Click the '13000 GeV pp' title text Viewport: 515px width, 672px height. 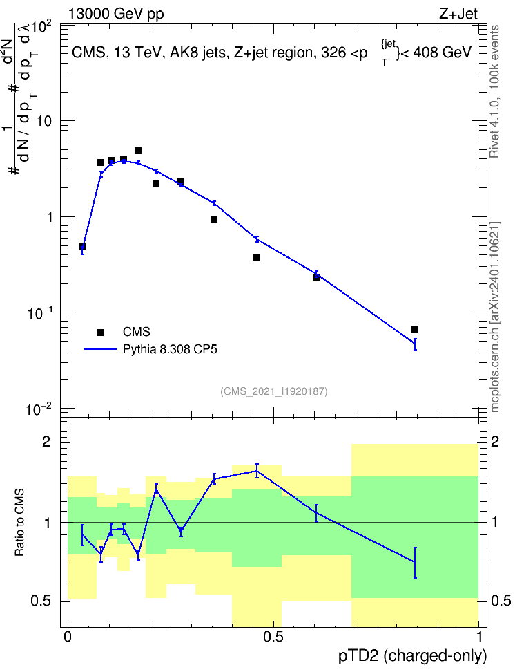[x=115, y=15]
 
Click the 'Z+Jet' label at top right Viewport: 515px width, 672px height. [x=458, y=14]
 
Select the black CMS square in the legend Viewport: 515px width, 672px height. [x=100, y=332]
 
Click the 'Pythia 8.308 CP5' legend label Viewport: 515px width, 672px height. [x=170, y=349]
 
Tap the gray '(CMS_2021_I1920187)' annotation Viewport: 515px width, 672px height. [x=274, y=391]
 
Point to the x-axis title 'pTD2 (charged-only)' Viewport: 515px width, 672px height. [x=413, y=655]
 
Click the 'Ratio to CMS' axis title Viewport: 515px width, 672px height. [x=19, y=522]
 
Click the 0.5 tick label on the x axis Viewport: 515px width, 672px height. [x=273, y=637]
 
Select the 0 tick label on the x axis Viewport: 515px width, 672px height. [x=68, y=637]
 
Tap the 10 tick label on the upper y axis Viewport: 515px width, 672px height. [x=43, y=121]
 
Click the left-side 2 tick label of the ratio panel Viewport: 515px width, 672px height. [x=46, y=441]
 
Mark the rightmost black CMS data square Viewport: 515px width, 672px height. [x=414, y=329]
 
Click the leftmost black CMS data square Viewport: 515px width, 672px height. [x=82, y=246]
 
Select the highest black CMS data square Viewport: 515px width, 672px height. [x=138, y=151]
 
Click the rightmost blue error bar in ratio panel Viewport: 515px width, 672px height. [x=414, y=563]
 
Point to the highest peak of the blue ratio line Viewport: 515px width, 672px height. [x=257, y=471]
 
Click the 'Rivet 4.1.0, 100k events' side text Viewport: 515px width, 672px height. [x=494, y=91]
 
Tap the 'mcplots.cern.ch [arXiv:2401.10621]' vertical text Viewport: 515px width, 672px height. [x=495, y=317]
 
